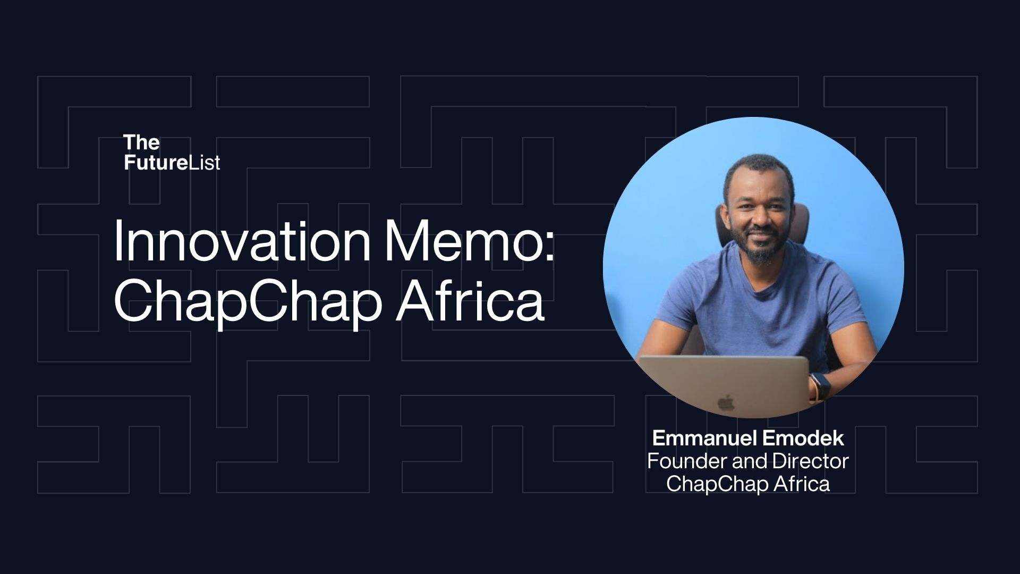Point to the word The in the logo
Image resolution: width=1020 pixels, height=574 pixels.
141,142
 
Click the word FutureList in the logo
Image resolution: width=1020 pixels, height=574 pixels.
172,163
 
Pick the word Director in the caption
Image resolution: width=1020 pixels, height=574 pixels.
810,461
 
